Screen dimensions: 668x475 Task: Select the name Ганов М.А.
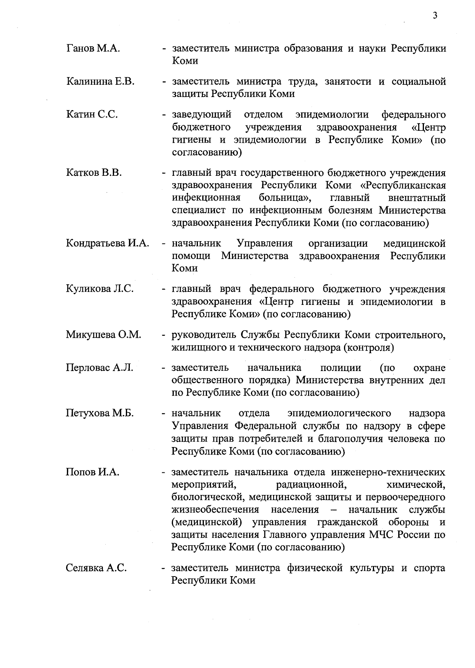pyautogui.click(x=93, y=49)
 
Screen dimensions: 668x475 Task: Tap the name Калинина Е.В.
pyautogui.click(x=101, y=82)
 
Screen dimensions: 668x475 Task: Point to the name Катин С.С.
pyautogui.click(x=92, y=115)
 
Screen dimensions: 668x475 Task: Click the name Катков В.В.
pyautogui.click(x=94, y=173)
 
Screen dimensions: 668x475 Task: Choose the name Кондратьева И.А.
pyautogui.click(x=107, y=243)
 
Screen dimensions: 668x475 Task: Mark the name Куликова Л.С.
pyautogui.click(x=100, y=289)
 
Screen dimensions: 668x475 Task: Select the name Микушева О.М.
pyautogui.click(x=103, y=335)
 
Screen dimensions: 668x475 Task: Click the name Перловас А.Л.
pyautogui.click(x=99, y=368)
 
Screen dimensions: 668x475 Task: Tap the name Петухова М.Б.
pyautogui.click(x=100, y=413)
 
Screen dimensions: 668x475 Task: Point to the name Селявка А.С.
pyautogui.click(x=96, y=568)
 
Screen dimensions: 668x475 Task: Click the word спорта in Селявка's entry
pyautogui.click(x=429, y=568)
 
